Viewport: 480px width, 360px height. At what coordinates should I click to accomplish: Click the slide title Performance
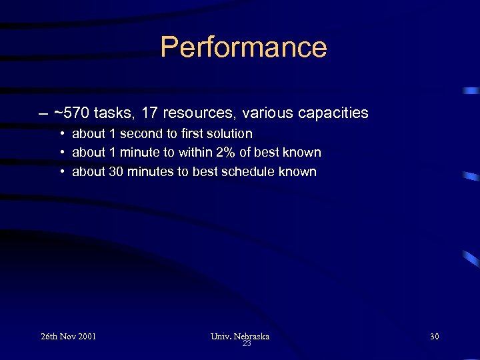[243, 47]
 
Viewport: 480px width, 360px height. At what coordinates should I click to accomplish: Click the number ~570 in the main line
[71, 113]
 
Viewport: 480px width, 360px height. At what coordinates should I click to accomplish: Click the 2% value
[225, 152]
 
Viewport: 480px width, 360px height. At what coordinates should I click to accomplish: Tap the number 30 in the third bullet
[116, 171]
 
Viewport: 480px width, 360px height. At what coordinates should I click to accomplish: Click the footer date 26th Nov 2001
[68, 336]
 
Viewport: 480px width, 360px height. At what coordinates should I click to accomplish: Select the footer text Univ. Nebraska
[239, 336]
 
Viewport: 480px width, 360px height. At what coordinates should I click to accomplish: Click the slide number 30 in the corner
[434, 336]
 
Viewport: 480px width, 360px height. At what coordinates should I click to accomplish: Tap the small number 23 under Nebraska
[246, 344]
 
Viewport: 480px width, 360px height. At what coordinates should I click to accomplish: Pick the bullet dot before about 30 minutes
[61, 172]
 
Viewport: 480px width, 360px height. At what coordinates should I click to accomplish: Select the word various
[265, 113]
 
